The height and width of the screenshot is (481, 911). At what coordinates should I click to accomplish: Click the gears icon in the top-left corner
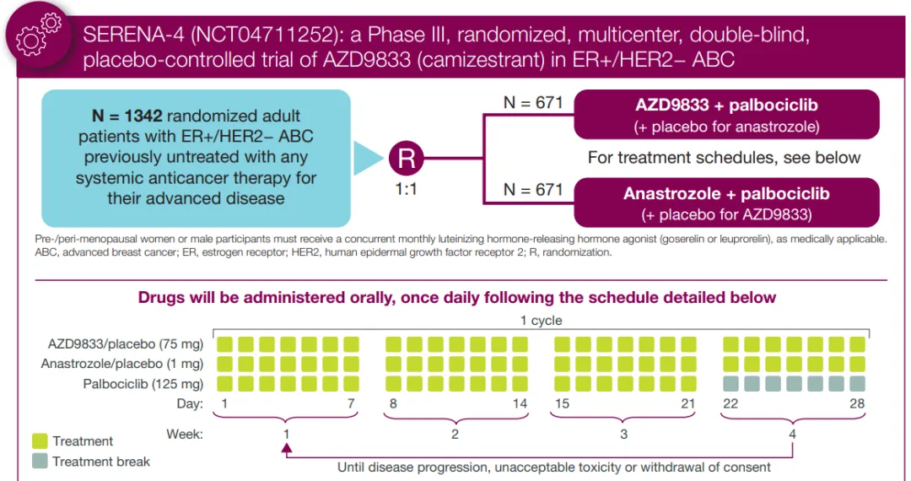click(39, 34)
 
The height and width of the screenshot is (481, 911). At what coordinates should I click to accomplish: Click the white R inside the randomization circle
click(407, 158)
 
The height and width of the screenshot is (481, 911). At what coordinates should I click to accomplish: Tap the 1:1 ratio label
click(407, 189)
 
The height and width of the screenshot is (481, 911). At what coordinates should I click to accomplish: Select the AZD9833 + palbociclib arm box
click(725, 115)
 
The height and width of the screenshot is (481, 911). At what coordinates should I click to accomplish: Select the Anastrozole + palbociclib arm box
click(725, 202)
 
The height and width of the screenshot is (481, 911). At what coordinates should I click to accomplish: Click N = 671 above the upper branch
click(532, 102)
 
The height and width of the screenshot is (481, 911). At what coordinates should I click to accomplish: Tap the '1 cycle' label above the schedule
click(541, 321)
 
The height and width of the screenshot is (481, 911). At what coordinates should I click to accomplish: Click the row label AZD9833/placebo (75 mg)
click(126, 344)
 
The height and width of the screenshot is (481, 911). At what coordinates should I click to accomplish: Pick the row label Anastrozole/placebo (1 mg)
click(122, 364)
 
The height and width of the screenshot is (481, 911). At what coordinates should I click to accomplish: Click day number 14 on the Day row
click(520, 403)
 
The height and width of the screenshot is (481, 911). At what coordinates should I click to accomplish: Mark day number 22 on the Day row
click(730, 403)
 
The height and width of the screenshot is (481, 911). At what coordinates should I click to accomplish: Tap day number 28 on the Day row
click(857, 403)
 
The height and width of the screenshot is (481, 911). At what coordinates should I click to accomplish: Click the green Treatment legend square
click(40, 440)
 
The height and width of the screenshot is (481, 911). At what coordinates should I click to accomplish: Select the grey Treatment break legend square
click(40, 461)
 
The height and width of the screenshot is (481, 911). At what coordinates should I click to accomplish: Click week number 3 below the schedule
click(623, 435)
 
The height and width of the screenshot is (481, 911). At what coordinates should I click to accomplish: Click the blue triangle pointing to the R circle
click(369, 159)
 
